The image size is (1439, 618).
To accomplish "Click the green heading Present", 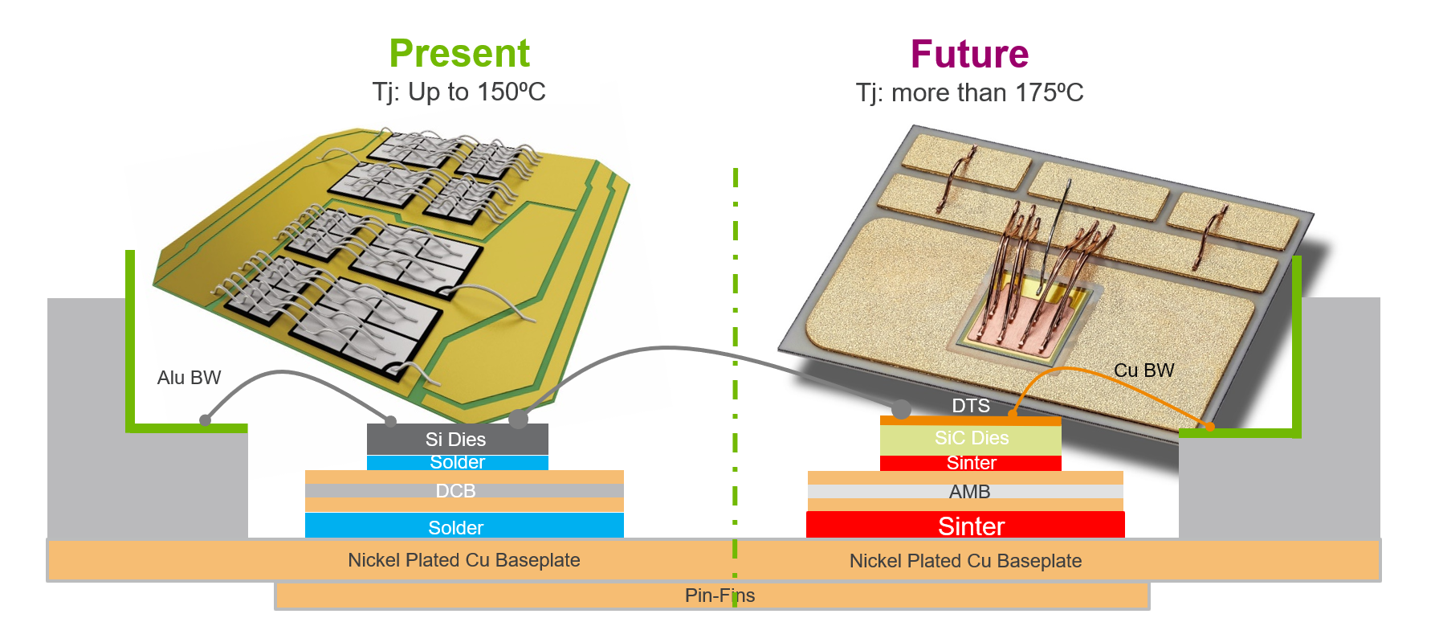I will pyautogui.click(x=459, y=54).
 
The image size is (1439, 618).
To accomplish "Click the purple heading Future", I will pyautogui.click(x=969, y=55).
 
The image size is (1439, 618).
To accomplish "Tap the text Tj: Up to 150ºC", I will pyautogui.click(x=459, y=92).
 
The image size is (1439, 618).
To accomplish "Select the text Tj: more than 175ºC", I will pyautogui.click(x=969, y=92).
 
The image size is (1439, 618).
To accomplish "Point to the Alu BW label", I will pyautogui.click(x=189, y=378).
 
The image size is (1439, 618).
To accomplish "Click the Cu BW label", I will pyautogui.click(x=1143, y=370).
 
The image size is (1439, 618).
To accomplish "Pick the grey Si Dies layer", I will pyautogui.click(x=456, y=439).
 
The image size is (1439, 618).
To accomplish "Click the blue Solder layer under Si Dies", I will pyautogui.click(x=457, y=462).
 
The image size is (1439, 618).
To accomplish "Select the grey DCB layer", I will pyautogui.click(x=456, y=490).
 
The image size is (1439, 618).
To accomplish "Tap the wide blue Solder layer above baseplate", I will pyautogui.click(x=456, y=527).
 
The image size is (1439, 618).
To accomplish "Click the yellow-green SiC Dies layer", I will pyautogui.click(x=971, y=438).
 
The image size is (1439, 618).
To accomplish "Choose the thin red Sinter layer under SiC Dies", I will pyautogui.click(x=971, y=463).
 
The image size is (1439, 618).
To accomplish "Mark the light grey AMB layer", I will pyautogui.click(x=969, y=491).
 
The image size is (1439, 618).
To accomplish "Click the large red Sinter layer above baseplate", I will pyautogui.click(x=971, y=526).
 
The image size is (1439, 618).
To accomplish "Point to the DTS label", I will pyautogui.click(x=971, y=406).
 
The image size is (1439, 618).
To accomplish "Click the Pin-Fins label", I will pyautogui.click(x=719, y=595).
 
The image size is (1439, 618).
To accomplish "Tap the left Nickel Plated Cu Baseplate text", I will pyautogui.click(x=463, y=560).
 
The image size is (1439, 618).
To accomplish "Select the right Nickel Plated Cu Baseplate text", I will pyautogui.click(x=965, y=561).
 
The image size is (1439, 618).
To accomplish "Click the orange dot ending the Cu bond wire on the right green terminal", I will pyautogui.click(x=1209, y=426).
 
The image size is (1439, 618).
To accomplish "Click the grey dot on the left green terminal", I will pyautogui.click(x=206, y=420).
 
